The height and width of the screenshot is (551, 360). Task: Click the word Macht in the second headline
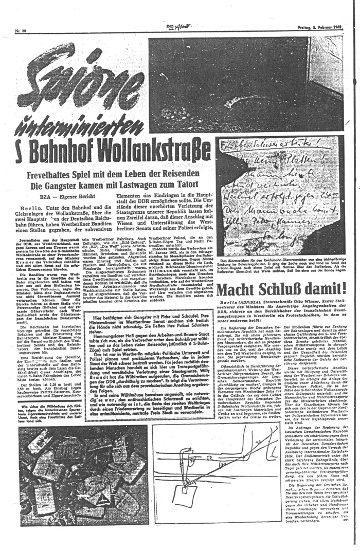coord(235,291)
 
